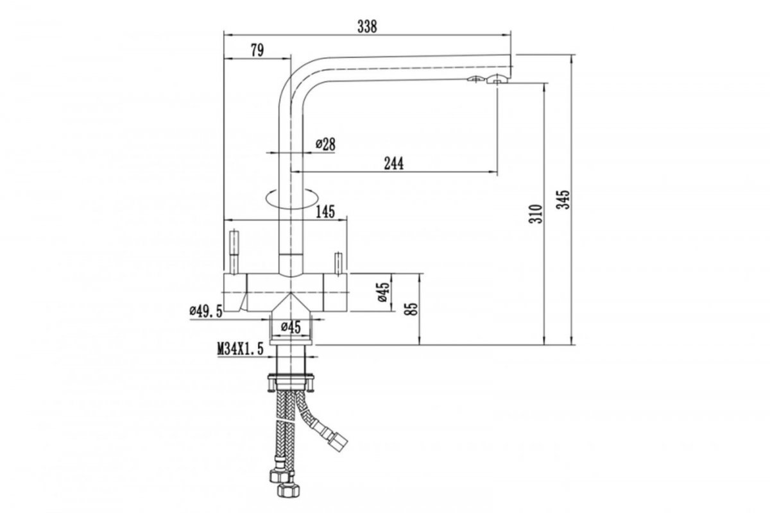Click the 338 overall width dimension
[367, 26]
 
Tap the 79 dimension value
[257, 50]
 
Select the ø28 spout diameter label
[325, 144]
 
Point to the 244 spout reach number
[394, 164]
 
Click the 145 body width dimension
[325, 212]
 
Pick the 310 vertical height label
[536, 214]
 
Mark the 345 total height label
[563, 199]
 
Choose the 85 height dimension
[413, 308]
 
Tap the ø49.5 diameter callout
[206, 311]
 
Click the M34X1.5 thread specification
[240, 349]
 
